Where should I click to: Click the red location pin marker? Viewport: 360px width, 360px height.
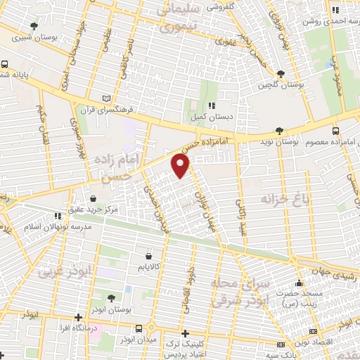pos(181,166)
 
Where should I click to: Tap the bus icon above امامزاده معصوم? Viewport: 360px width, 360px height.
pos(335,130)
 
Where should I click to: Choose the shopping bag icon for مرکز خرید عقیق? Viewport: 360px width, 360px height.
pos(94,198)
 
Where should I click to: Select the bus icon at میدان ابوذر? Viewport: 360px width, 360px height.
pos(139,328)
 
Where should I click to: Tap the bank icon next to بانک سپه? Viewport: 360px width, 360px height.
pos(281,344)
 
